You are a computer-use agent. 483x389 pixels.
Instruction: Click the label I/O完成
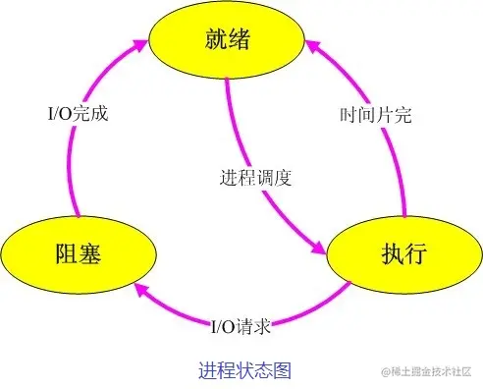(x=78, y=113)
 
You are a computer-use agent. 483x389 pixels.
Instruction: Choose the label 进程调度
(x=256, y=180)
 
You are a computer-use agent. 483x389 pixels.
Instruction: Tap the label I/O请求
(x=241, y=325)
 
